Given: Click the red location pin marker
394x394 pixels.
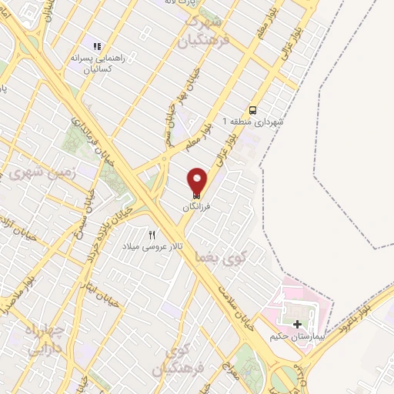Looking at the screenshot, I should tap(198, 182).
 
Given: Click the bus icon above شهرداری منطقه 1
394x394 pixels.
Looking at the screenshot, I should tap(253, 109).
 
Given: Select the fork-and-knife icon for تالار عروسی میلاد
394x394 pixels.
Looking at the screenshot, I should tap(152, 235).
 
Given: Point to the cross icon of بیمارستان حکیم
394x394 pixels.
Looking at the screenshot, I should tap(298, 324).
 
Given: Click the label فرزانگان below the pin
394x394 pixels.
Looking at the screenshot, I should tap(198, 206).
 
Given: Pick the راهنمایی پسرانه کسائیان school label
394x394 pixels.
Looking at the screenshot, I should tap(98, 63).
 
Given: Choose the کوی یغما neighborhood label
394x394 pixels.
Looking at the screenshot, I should tap(213, 254).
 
